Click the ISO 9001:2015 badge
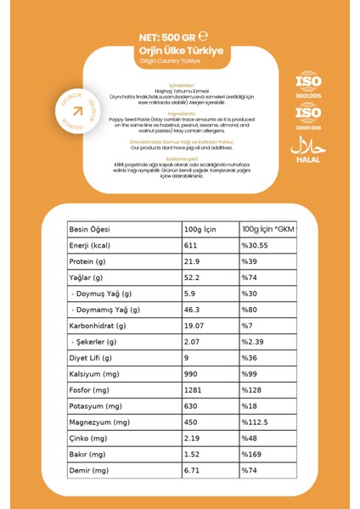(x=308, y=86)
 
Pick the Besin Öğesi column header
(x=93, y=230)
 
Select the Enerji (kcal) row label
(x=95, y=245)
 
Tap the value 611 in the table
(x=191, y=245)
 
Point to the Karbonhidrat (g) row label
(x=101, y=325)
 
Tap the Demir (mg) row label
(x=90, y=470)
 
